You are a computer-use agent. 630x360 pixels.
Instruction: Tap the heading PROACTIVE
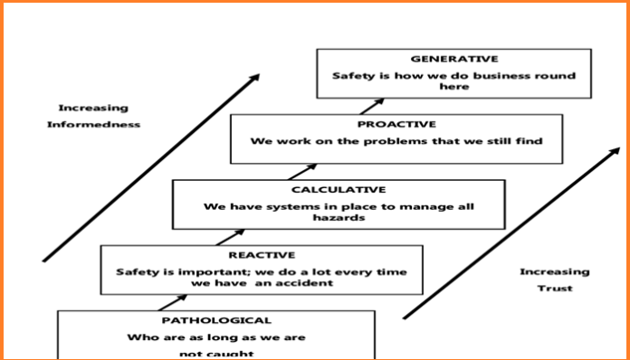point(396,124)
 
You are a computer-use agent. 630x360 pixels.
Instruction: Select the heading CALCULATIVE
point(339,190)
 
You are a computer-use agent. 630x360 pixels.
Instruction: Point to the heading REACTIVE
point(262,255)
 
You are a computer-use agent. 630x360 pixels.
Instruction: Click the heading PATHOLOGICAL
point(215,320)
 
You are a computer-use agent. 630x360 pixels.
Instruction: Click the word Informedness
point(94,125)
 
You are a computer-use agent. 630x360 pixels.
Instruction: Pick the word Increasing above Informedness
point(94,108)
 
